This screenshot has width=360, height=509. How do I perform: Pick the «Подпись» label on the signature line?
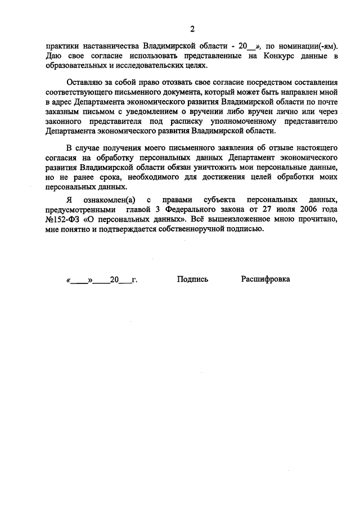coord(192,279)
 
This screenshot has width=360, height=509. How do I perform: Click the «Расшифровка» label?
coord(265,279)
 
